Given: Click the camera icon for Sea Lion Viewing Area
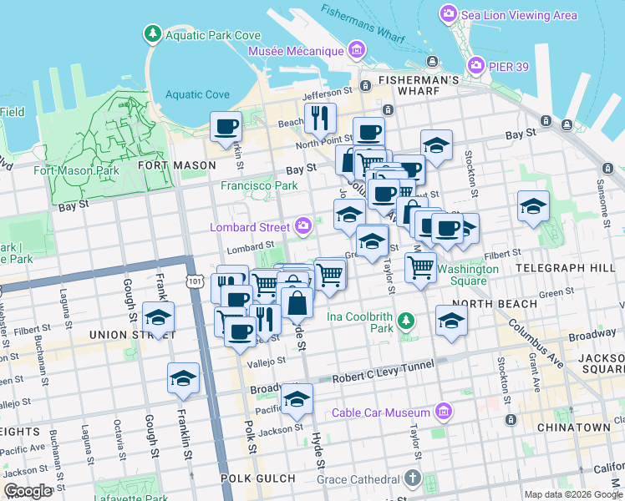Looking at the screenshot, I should coord(449,14).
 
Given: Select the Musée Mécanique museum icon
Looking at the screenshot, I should coord(357,51).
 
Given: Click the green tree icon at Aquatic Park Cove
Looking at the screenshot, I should coord(153,34).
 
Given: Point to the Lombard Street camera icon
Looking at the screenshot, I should coord(303,225).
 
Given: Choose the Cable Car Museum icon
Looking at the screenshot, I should coord(444,412).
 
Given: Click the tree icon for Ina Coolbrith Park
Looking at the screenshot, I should coord(406,320).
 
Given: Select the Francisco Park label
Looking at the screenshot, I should coord(259,185).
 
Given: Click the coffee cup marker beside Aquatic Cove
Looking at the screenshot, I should coord(226,128).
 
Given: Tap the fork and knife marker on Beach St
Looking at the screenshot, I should coord(319,119).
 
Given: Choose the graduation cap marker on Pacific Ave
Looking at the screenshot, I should coord(297,399).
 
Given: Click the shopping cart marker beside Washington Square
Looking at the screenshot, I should coord(420,268).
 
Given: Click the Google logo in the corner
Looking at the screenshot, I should coord(28,491).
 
